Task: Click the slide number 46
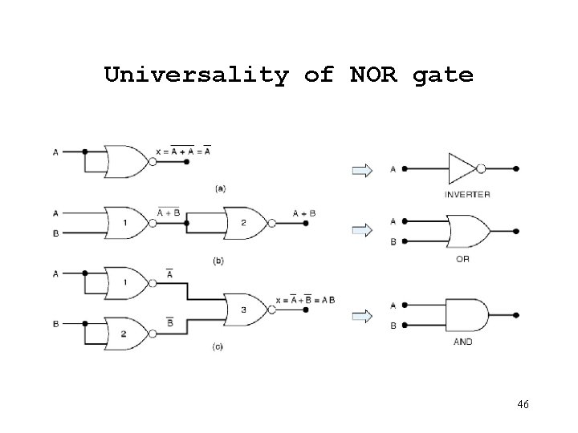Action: [x=523, y=406]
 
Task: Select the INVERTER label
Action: [x=467, y=195]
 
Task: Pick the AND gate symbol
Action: [x=466, y=316]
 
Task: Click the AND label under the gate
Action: [x=463, y=342]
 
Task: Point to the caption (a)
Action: [x=219, y=188]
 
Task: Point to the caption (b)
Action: [x=217, y=261]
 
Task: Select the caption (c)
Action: [x=218, y=346]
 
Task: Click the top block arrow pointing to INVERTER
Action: [x=362, y=169]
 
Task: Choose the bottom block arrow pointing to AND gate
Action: [x=362, y=316]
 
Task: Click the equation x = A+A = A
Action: [x=184, y=150]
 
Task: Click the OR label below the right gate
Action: [x=463, y=259]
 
